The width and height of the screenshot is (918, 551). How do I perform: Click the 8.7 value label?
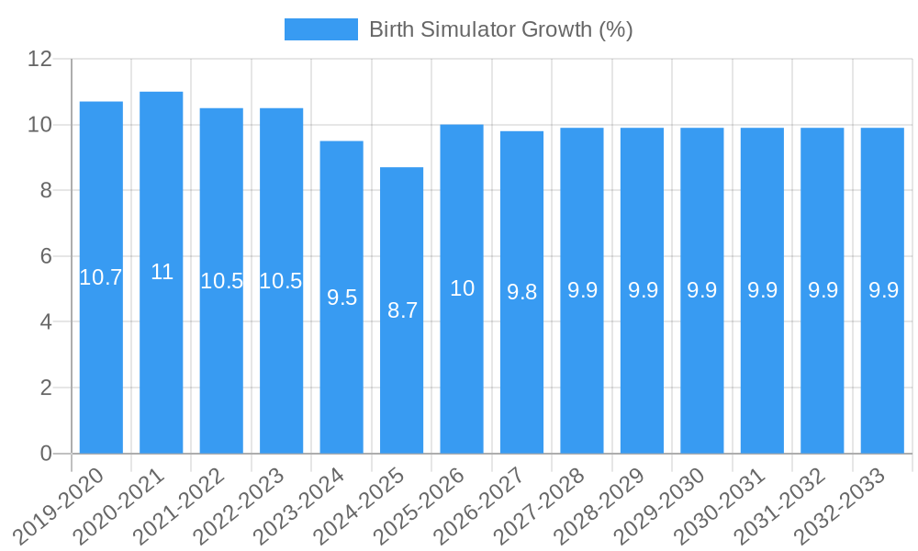tap(402, 310)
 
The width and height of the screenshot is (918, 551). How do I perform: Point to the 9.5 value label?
tap(341, 298)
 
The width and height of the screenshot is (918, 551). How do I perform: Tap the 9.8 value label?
tap(521, 292)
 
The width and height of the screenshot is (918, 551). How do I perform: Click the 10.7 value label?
tap(101, 277)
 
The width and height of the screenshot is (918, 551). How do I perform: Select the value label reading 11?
tap(162, 272)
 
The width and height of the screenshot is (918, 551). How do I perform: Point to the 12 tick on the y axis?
tap(39, 59)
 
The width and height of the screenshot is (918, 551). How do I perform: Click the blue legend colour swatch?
tap(320, 29)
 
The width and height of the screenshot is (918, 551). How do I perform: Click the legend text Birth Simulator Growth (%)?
tap(501, 29)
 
